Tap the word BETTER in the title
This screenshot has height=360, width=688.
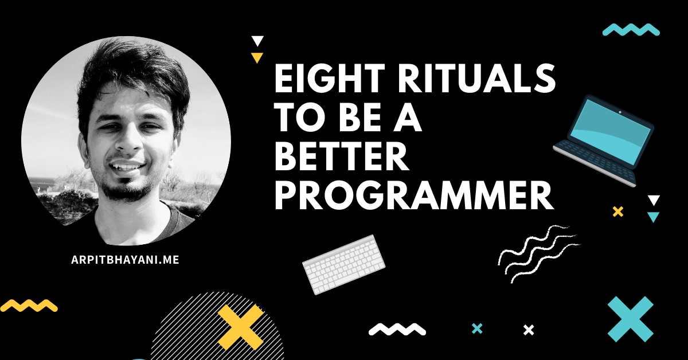[341, 156]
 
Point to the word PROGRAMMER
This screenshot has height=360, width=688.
[413, 195]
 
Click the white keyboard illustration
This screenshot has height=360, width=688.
[343, 265]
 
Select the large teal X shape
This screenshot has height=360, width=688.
[631, 319]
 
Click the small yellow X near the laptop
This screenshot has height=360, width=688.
[618, 212]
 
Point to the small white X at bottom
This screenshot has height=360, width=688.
[529, 330]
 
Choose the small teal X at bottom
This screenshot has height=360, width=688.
[476, 328]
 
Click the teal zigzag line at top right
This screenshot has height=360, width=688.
[631, 30]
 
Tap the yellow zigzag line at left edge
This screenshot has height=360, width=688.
[29, 306]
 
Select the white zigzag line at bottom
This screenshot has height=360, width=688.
[397, 329]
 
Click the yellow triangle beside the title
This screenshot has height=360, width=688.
[257, 57]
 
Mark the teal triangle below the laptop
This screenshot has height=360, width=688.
[653, 217]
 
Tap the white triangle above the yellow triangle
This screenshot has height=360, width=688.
[257, 41]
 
